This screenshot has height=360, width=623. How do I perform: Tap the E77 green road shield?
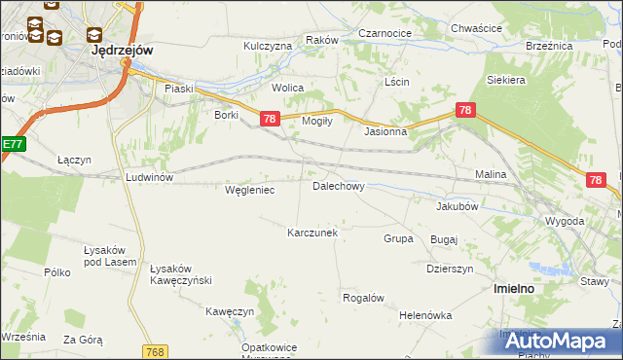click(x=12, y=144)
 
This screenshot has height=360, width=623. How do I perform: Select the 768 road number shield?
click(x=154, y=351)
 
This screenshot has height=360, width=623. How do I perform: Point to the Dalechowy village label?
click(x=338, y=185)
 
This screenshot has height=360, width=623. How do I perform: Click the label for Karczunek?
click(x=311, y=233)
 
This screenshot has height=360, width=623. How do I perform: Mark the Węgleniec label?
click(x=249, y=190)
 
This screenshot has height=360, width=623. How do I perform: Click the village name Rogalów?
click(x=363, y=298)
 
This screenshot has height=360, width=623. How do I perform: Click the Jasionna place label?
click(x=385, y=131)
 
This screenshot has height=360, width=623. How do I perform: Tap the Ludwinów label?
click(x=149, y=177)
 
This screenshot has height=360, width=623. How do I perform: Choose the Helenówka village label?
click(x=425, y=315)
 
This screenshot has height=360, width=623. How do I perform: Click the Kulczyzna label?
click(x=268, y=46)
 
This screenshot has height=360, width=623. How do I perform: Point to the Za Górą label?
click(x=83, y=340)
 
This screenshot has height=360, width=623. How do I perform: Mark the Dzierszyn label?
click(x=449, y=269)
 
